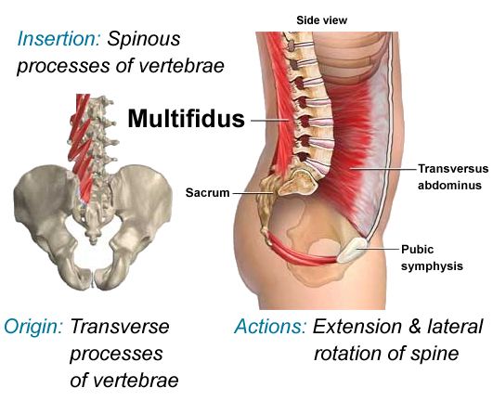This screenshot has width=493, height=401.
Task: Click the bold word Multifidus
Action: [x=186, y=119]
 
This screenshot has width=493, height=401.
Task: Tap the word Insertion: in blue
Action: [x=58, y=39]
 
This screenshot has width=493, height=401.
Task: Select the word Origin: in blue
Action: [x=33, y=326]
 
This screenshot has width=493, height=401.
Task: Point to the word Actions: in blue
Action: [x=270, y=326]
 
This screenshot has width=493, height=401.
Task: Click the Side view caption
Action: [x=321, y=20]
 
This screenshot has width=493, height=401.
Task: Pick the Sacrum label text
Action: [x=208, y=193]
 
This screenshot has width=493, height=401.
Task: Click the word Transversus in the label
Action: [x=453, y=169]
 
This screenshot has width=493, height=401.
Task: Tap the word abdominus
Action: [x=449, y=185]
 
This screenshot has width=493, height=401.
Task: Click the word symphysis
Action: [x=432, y=266]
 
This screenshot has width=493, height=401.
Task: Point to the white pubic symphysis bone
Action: [x=352, y=250]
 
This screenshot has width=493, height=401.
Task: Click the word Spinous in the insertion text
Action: [x=144, y=39]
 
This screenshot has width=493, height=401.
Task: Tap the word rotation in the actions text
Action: [x=348, y=354]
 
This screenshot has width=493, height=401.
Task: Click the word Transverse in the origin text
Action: [x=120, y=326]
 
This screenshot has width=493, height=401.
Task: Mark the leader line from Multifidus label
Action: [x=269, y=121]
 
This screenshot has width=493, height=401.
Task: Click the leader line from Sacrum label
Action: [x=253, y=193]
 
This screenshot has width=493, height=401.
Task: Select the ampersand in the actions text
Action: [x=415, y=326]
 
